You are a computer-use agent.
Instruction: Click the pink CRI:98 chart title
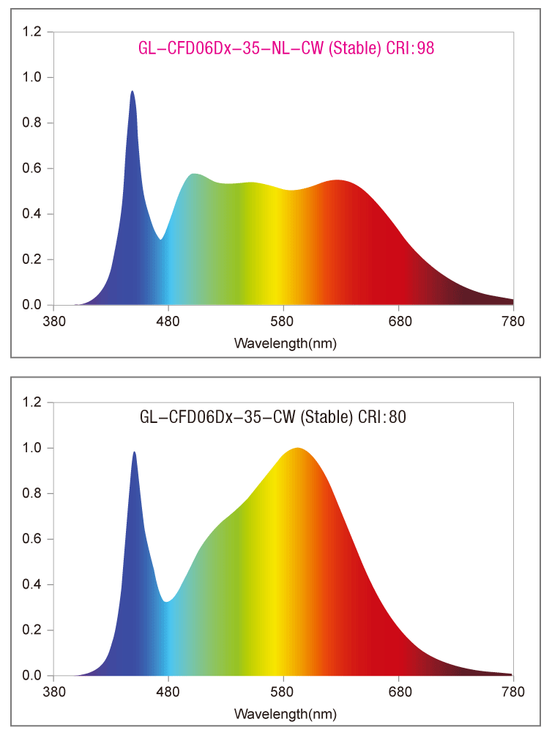[x=288, y=49]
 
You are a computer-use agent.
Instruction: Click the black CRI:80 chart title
[x=273, y=418]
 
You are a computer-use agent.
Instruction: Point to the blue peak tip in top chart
[x=132, y=92]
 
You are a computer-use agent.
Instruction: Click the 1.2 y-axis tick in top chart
[x=32, y=32]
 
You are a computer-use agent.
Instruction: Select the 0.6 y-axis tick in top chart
[x=32, y=169]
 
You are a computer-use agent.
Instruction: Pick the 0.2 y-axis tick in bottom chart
[x=32, y=630]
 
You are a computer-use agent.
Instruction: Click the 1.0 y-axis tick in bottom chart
[x=32, y=448]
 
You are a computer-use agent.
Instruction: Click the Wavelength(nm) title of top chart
[x=286, y=342]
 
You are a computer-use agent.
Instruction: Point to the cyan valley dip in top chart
[x=160, y=239]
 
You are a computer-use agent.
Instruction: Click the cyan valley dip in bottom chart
[x=168, y=602]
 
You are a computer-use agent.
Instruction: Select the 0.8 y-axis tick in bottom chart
[x=32, y=493]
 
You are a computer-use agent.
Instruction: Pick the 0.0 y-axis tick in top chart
[x=32, y=305]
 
